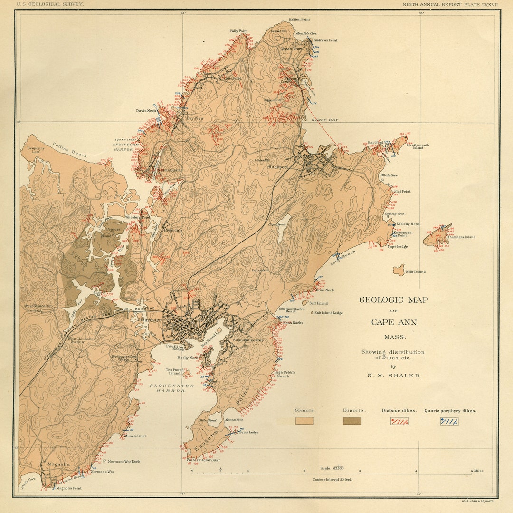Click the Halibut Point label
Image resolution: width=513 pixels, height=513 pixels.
299,20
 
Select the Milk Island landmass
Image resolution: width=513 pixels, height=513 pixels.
399,270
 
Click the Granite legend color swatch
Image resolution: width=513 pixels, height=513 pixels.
304,421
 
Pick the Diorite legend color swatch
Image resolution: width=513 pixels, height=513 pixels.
352,421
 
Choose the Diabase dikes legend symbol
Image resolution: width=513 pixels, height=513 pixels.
399,421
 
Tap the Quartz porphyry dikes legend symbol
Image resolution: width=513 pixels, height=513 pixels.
449,421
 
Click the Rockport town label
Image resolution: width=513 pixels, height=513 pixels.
279,167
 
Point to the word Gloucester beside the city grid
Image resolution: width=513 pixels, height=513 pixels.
149,320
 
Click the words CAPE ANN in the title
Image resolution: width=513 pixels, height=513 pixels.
394,322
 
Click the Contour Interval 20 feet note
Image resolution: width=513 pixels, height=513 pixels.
332,480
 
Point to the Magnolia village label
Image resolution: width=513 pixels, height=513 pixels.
59,464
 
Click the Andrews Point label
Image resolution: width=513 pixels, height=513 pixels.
325,40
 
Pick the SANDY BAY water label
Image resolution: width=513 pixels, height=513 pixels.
325,120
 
